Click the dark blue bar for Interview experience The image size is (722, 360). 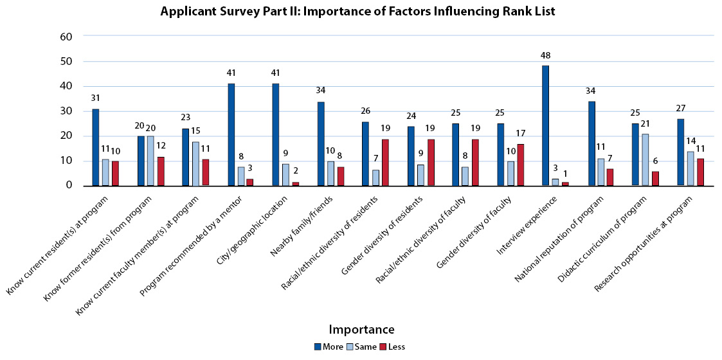(546, 125)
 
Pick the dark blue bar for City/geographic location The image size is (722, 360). (275, 134)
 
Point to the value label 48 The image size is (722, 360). (546, 56)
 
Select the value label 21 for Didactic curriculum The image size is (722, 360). (645, 125)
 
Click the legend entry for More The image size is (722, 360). (329, 346)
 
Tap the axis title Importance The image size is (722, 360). (361, 330)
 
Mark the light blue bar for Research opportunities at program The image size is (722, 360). (690, 168)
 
